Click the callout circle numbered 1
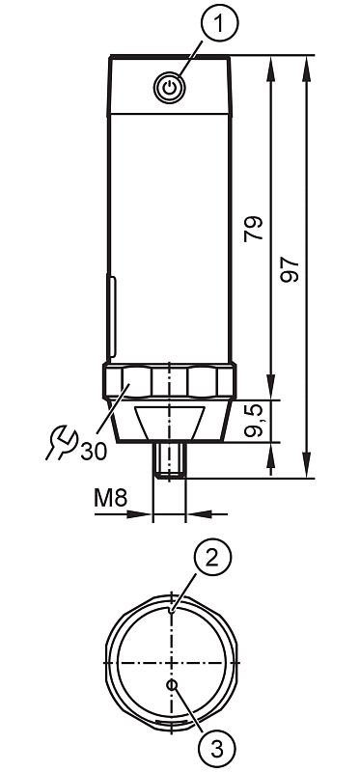pyautogui.click(x=219, y=23)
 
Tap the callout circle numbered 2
pyautogui.click(x=211, y=558)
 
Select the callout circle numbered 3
pyautogui.click(x=217, y=750)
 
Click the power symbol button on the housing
pyautogui.click(x=170, y=89)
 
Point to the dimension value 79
pyautogui.click(x=254, y=229)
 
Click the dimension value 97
pyautogui.click(x=290, y=269)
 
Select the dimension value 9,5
pyautogui.click(x=255, y=420)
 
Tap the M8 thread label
pyautogui.click(x=111, y=499)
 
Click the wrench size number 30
pyautogui.click(x=94, y=452)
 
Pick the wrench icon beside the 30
pyautogui.click(x=63, y=442)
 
